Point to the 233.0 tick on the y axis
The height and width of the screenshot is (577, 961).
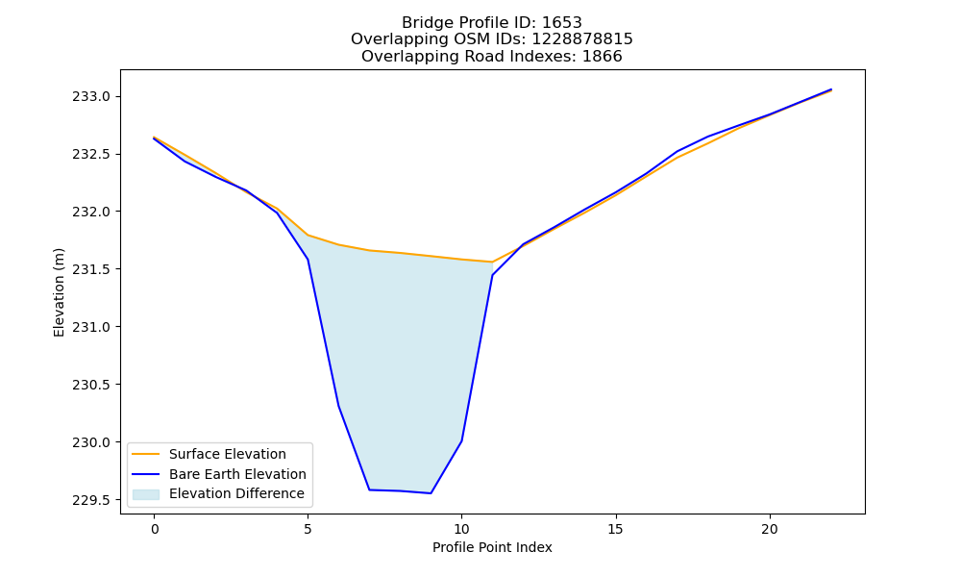click(x=92, y=97)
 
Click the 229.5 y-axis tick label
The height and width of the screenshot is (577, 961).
click(x=92, y=500)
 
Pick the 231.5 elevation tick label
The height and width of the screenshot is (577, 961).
click(x=92, y=270)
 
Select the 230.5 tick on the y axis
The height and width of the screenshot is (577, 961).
click(x=92, y=385)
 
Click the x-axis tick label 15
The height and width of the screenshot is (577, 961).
click(x=615, y=529)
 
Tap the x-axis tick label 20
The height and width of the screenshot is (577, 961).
click(x=769, y=529)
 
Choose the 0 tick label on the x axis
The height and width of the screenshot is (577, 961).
click(x=155, y=529)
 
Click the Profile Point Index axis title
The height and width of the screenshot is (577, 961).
click(x=492, y=547)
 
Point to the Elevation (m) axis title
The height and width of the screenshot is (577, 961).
click(x=59, y=292)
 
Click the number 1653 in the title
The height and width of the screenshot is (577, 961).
click(x=562, y=23)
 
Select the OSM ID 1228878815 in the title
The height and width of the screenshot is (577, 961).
click(x=582, y=39)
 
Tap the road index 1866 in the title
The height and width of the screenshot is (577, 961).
click(x=602, y=57)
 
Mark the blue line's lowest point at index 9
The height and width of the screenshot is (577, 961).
click(x=431, y=493)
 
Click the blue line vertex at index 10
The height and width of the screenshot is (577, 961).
click(x=461, y=440)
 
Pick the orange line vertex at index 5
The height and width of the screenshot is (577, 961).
click(x=308, y=235)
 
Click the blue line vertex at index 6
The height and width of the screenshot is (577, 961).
click(x=338, y=406)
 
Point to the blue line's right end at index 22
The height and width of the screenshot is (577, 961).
click(x=831, y=89)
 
